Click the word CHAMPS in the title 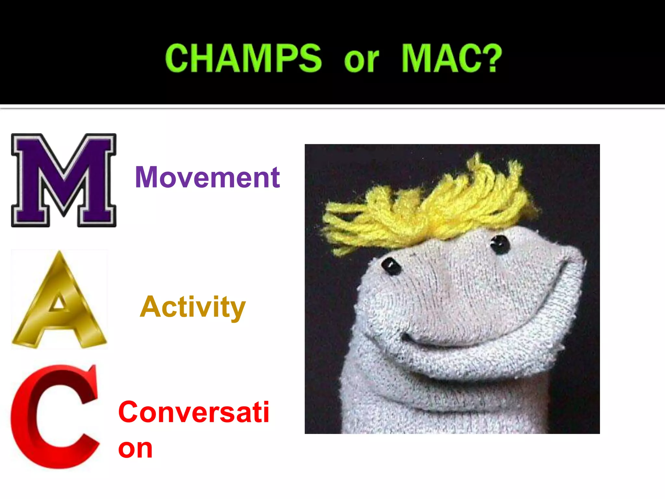[x=243, y=58]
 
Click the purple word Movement [x=207, y=177]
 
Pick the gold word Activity [x=193, y=307]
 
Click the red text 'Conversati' [x=194, y=412]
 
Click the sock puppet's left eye [x=391, y=266]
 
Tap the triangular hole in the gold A [x=59, y=303]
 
